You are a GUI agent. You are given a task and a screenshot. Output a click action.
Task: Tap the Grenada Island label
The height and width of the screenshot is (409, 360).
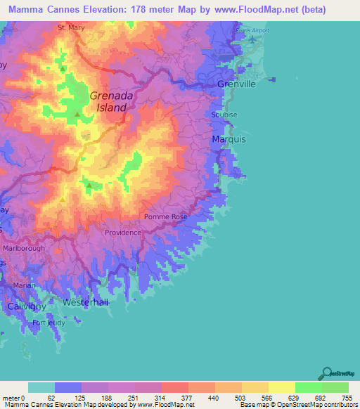(x=108, y=102)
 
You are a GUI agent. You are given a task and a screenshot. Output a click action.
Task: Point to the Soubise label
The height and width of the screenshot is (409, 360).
(x=224, y=115)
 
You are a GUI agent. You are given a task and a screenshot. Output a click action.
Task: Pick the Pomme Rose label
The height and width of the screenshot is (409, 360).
(x=166, y=217)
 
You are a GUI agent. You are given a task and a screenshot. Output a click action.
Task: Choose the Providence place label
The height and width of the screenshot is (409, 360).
(x=123, y=233)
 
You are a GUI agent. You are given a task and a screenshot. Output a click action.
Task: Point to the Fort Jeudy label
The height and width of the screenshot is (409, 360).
(x=47, y=323)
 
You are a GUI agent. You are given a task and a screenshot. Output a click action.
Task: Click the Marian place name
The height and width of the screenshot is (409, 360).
(x=25, y=285)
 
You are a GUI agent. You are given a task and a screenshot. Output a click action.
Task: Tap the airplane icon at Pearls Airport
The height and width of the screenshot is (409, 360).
(x=252, y=39)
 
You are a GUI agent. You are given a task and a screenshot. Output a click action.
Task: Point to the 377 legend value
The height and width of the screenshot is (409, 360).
(x=188, y=398)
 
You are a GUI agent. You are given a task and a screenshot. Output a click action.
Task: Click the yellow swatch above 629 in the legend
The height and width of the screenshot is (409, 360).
(x=281, y=387)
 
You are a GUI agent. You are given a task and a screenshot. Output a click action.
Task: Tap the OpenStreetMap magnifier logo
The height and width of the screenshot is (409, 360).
(x=325, y=373)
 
